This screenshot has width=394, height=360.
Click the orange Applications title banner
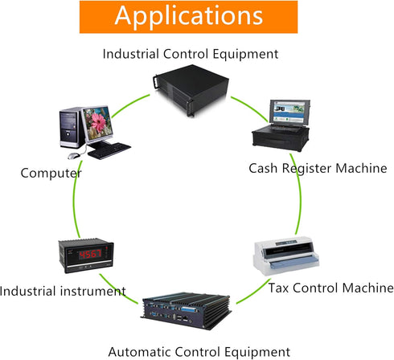[x=188, y=17]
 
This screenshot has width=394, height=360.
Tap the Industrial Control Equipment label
[x=191, y=54]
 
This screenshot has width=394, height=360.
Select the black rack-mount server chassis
[x=191, y=90]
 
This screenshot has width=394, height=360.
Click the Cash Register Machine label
[x=318, y=169]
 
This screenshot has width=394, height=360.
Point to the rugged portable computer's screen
[x=289, y=112]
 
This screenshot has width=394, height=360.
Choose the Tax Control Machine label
[x=330, y=288]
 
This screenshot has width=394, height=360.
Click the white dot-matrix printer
[x=286, y=256]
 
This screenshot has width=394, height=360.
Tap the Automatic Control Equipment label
[x=199, y=352]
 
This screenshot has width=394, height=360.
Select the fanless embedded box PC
[x=186, y=311]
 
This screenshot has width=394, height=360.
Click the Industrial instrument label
[x=63, y=291]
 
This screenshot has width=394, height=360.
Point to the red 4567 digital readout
[x=90, y=254]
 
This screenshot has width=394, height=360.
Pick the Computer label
[x=51, y=174]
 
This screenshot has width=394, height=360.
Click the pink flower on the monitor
[x=99, y=122]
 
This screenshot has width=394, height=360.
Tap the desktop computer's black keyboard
[x=109, y=151]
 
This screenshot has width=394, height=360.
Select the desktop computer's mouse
[x=74, y=156]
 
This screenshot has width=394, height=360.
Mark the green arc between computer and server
[x=130, y=104]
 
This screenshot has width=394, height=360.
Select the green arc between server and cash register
[x=250, y=108]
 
